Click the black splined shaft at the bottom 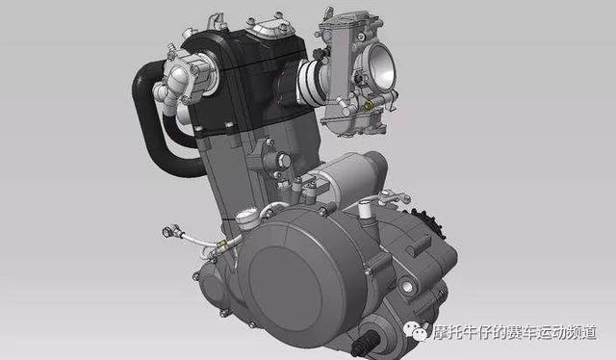[x=364, y=345]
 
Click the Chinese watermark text [x=514, y=332]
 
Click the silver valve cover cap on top [x=271, y=27]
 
